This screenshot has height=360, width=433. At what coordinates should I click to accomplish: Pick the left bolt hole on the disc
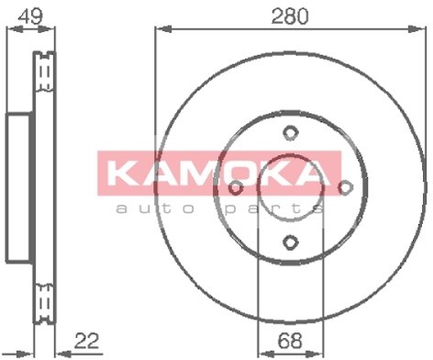(235, 187)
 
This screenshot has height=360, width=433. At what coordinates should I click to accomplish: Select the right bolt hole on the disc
(346, 187)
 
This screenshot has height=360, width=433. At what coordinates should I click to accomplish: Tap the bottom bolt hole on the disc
(290, 243)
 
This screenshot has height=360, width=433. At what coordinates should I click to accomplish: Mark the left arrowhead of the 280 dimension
(159, 30)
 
